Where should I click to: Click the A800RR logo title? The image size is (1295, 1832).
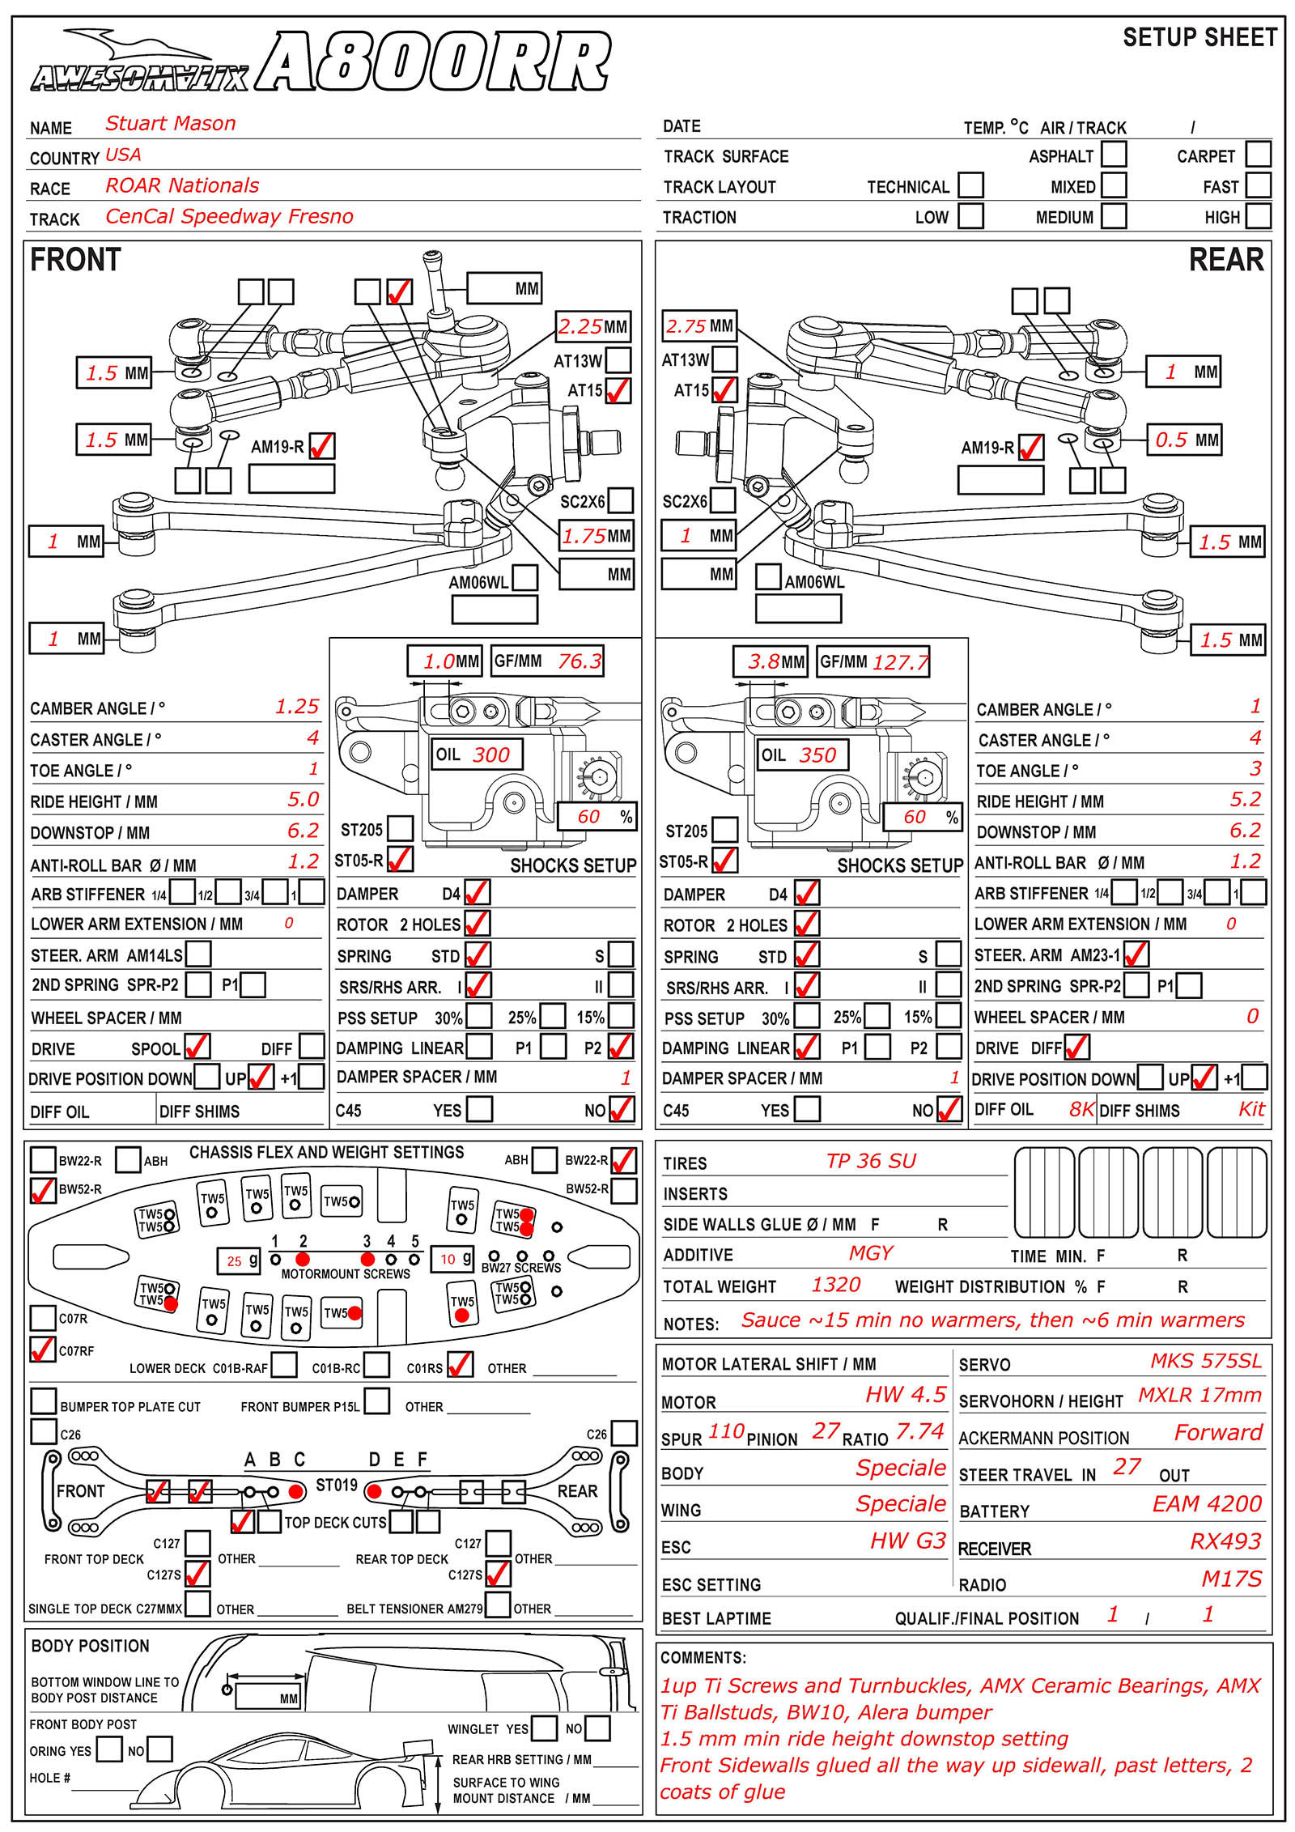(433, 62)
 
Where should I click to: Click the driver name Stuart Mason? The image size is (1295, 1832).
(170, 124)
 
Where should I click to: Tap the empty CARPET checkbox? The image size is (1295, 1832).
(1257, 154)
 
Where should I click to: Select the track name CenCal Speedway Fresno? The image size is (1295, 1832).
(229, 216)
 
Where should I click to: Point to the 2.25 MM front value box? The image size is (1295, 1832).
(592, 327)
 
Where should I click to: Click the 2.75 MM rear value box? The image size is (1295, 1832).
(699, 326)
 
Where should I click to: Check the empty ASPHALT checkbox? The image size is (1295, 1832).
(1114, 154)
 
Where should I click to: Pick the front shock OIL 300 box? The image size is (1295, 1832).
(476, 754)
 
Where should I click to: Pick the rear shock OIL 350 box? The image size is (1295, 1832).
(802, 755)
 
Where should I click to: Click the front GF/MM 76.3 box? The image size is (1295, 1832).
(548, 661)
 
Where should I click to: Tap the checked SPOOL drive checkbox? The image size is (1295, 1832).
(197, 1047)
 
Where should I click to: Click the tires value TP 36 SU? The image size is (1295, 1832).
(871, 1161)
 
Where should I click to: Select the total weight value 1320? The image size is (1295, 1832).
(835, 1285)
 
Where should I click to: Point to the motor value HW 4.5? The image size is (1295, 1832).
(905, 1394)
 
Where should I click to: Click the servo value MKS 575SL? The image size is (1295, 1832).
(1205, 1361)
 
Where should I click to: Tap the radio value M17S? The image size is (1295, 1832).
(1231, 1579)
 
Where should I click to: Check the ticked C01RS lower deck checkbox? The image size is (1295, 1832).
(460, 1365)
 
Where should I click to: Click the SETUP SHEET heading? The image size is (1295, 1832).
(1199, 37)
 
